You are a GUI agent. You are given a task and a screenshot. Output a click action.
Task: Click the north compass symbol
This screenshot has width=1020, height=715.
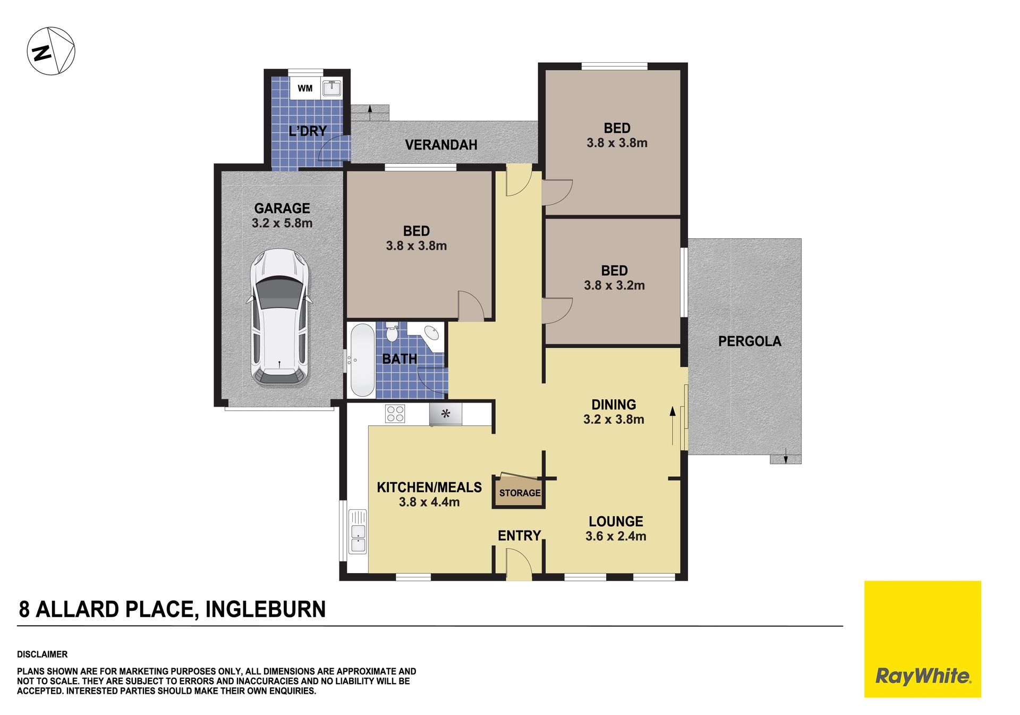click(x=51, y=52)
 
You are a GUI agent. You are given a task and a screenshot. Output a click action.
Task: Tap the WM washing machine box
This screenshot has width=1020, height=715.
click(x=305, y=88)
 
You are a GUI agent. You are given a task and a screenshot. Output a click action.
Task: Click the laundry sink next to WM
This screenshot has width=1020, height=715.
click(x=331, y=88)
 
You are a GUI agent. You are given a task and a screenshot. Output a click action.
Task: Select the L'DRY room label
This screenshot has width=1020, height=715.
click(x=308, y=131)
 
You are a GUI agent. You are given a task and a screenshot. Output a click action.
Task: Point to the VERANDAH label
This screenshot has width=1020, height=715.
click(x=441, y=145)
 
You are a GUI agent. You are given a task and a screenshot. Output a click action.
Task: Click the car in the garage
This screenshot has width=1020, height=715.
click(x=279, y=317)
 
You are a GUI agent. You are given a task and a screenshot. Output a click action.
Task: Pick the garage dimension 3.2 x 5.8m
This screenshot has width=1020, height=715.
click(x=282, y=223)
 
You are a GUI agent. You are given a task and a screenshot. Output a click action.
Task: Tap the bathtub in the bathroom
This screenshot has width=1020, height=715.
click(x=362, y=360)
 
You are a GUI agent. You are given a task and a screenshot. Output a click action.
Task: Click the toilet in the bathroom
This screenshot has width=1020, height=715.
click(x=392, y=332)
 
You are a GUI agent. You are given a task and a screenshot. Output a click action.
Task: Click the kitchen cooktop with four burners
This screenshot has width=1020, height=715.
click(x=395, y=414)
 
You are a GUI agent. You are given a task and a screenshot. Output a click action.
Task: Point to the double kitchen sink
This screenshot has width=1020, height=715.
click(x=358, y=531)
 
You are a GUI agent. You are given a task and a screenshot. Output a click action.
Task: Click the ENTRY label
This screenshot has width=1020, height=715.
click(x=519, y=535)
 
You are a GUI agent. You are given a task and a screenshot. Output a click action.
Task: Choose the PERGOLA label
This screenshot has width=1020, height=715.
click(x=750, y=341)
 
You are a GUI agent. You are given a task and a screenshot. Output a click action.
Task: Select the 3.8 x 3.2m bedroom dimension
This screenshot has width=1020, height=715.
click(x=615, y=285)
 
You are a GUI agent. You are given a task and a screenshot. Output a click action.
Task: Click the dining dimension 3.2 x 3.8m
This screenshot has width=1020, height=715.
click(x=614, y=419)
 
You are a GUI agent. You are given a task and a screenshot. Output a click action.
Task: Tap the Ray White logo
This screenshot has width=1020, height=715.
click(x=923, y=639)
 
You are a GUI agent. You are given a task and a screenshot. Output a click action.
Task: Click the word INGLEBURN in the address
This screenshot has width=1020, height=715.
click(x=266, y=609)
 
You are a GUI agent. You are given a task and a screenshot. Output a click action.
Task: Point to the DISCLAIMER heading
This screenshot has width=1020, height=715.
click(x=42, y=654)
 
